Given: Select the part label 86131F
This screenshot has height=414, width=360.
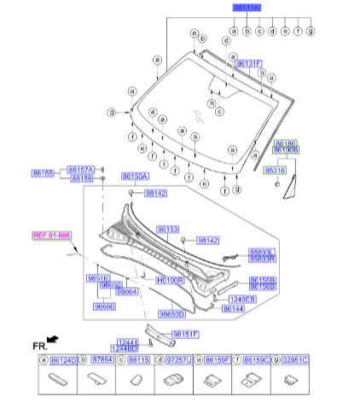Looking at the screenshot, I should pyautogui.click(x=248, y=63).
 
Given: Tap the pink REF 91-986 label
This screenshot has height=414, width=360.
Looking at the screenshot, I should pyautogui.click(x=52, y=235).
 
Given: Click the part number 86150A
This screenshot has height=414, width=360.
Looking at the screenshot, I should pyautogui.click(x=135, y=176).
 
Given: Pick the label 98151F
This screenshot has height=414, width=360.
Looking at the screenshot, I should pyautogui.click(x=185, y=334).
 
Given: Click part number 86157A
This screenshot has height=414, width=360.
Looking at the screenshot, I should pyautogui.click(x=81, y=169).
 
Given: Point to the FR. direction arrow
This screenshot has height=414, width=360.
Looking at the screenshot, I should pyautogui.click(x=52, y=340).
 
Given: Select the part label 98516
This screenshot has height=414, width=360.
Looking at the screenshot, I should pyautogui.click(x=98, y=278).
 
